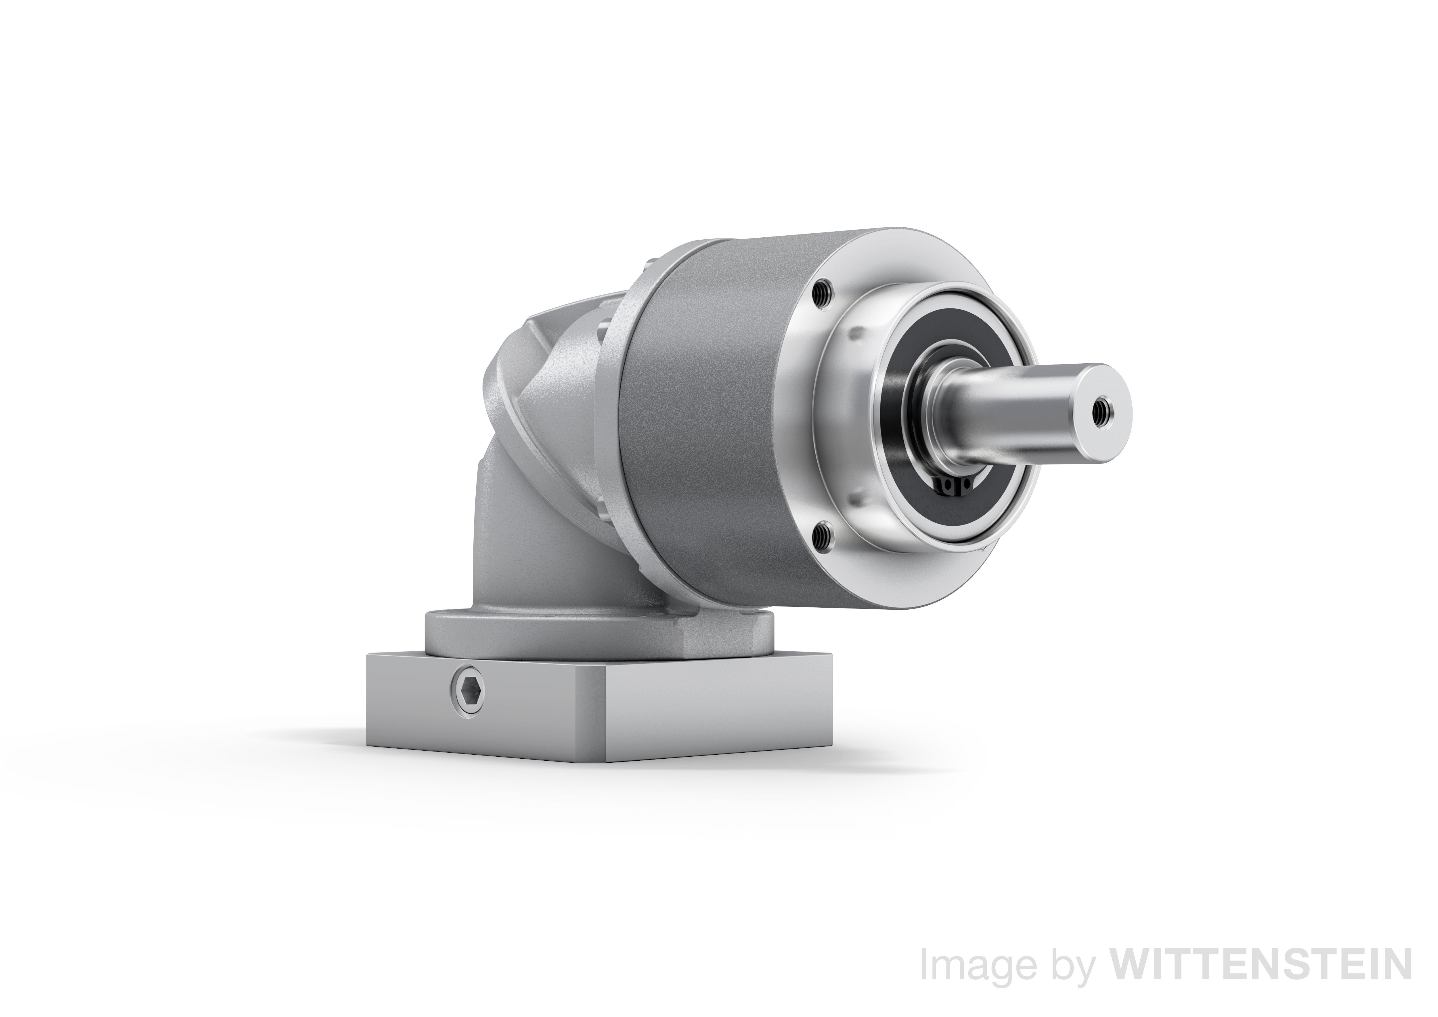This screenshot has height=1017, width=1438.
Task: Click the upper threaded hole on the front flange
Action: point(820,291)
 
